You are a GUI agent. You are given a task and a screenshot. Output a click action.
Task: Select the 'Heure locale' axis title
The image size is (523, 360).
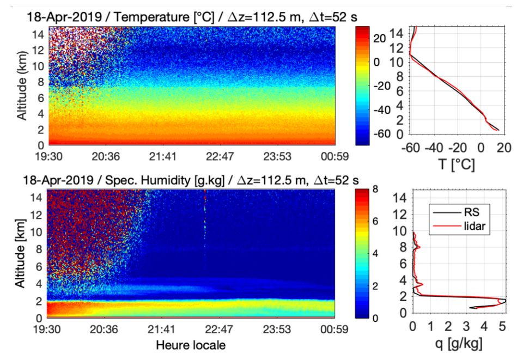[190, 345]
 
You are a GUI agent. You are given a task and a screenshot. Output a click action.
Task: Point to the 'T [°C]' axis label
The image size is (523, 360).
[458, 164]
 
